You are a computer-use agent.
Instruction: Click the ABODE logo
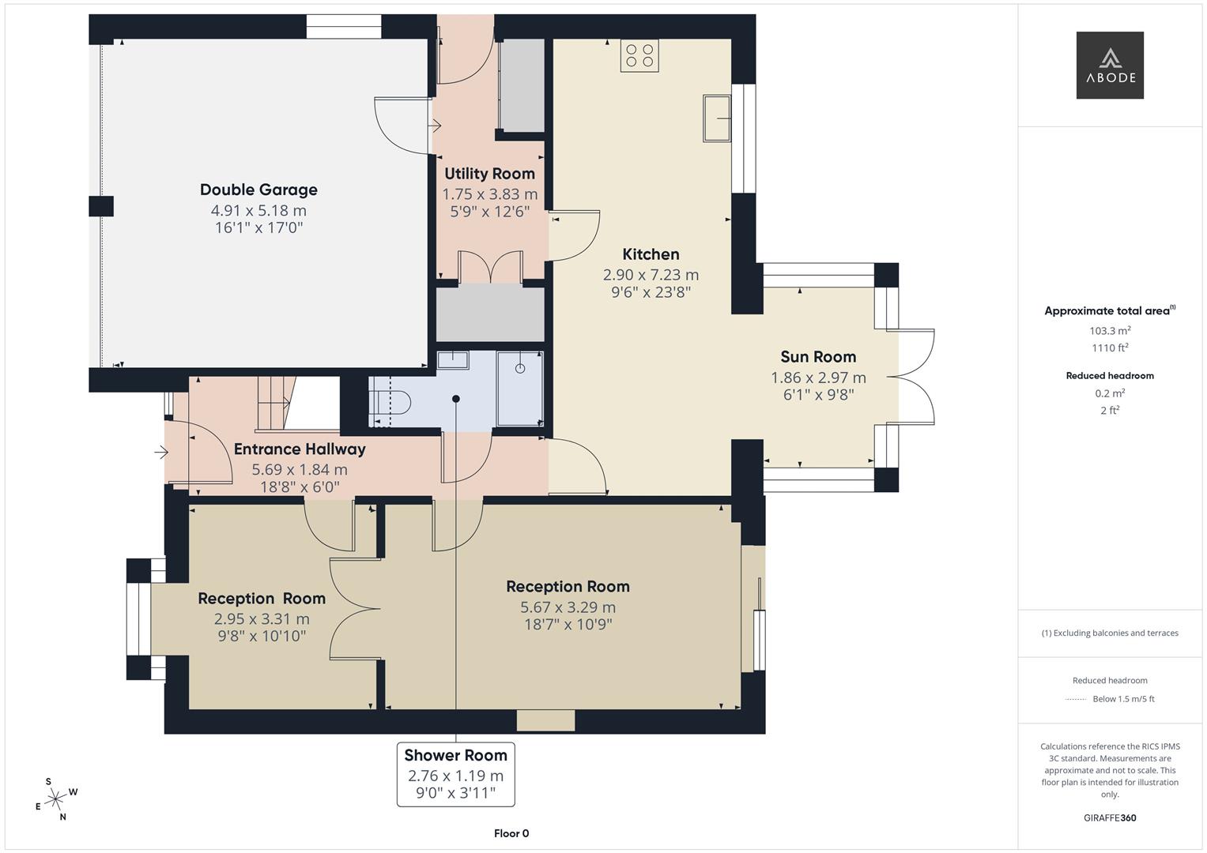point(1109,66)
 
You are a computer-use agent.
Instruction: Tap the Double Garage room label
point(258,190)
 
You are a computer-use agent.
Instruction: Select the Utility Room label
point(489,174)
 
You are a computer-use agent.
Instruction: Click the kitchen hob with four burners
point(639,56)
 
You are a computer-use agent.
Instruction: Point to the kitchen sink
point(717,118)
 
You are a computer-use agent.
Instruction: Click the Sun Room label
point(818,357)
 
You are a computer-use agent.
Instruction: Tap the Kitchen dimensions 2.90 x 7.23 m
point(651,275)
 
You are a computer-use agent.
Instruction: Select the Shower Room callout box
point(455,774)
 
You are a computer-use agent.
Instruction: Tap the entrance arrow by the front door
point(161,453)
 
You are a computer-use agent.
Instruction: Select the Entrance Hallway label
point(300,449)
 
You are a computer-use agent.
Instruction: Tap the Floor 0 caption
point(511,833)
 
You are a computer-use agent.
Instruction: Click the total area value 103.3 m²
point(1110,332)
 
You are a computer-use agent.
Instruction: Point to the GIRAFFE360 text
point(1110,817)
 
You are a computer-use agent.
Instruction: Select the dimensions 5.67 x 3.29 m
point(568,607)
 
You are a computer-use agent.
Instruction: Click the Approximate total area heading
point(1109,311)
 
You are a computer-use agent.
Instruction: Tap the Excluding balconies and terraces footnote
point(1110,633)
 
